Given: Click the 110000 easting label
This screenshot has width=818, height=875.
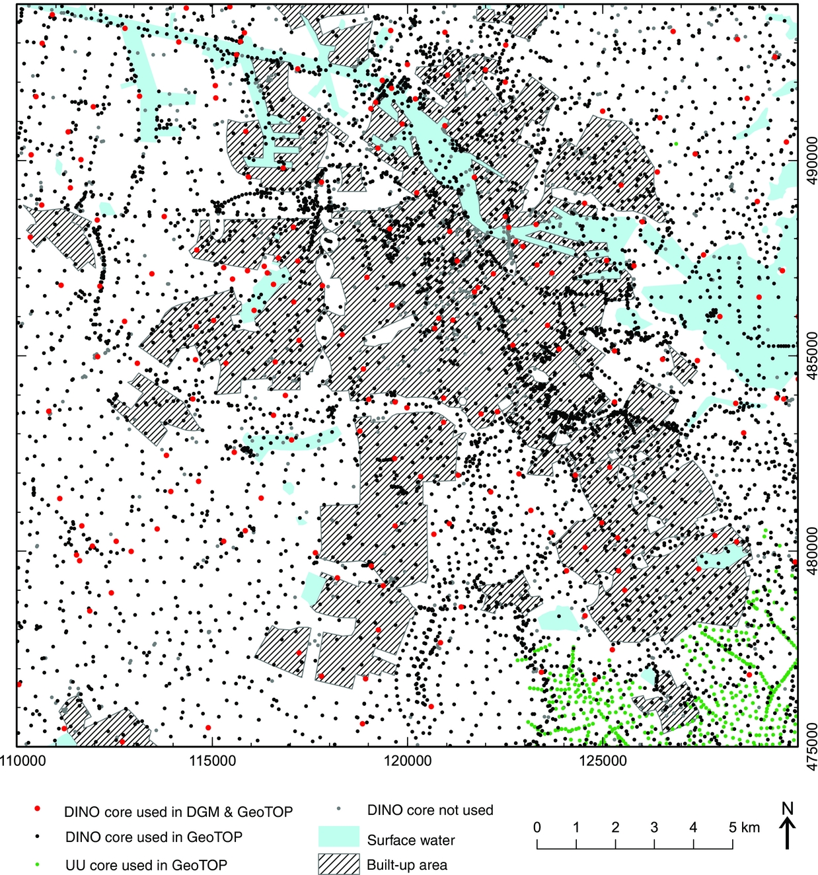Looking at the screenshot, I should tap(22, 761).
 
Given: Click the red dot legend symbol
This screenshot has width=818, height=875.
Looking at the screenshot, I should tap(38, 810).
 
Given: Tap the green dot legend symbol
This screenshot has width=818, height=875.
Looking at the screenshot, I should tap(38, 864).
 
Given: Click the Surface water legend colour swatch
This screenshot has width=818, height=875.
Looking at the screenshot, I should tap(338, 836).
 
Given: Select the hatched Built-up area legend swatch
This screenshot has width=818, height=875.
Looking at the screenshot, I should tap(338, 864).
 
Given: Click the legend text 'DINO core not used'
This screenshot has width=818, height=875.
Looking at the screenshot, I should tap(430, 810).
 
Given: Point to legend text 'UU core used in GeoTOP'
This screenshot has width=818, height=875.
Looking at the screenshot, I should tap(146, 864).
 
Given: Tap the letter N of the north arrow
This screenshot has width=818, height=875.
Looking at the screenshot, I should tap(787, 808).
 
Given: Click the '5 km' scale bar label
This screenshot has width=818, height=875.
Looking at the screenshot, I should tap(745, 827).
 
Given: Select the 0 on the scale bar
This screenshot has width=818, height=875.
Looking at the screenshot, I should tap(537, 827).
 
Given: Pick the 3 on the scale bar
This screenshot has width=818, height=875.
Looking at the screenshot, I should tap(654, 827).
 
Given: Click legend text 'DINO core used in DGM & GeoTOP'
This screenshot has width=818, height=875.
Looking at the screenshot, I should tap(178, 812).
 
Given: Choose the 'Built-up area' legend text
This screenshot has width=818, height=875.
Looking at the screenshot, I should tap(407, 865).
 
